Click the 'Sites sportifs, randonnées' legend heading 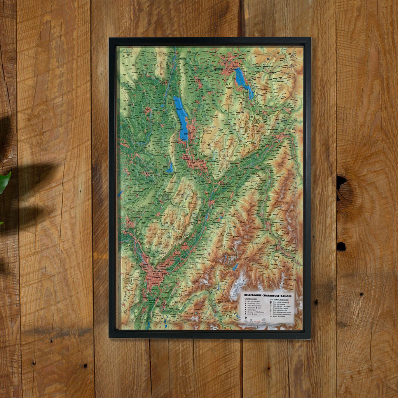click(279, 300)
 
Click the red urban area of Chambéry click(197, 163)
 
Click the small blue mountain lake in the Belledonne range click(236, 267)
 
